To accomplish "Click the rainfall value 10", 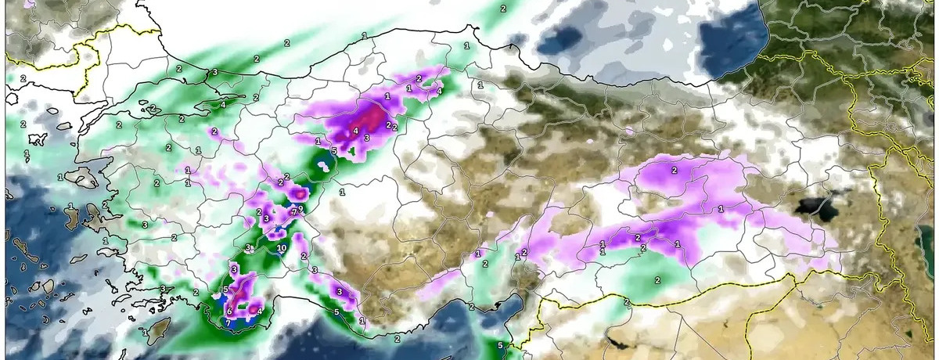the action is coord(282,248).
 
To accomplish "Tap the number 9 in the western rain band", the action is coord(300,208).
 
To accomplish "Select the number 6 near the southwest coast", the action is coord(229,311).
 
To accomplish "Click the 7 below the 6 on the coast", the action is coord(228,322).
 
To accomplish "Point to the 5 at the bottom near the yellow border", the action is coord(499,345).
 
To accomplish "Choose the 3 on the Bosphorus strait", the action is coord(215,72).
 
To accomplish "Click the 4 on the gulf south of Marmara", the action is coord(222,104).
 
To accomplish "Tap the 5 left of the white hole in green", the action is coord(333,150).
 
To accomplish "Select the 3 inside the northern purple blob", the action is coord(366,137).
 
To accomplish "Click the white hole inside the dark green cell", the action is coord(322,165).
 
